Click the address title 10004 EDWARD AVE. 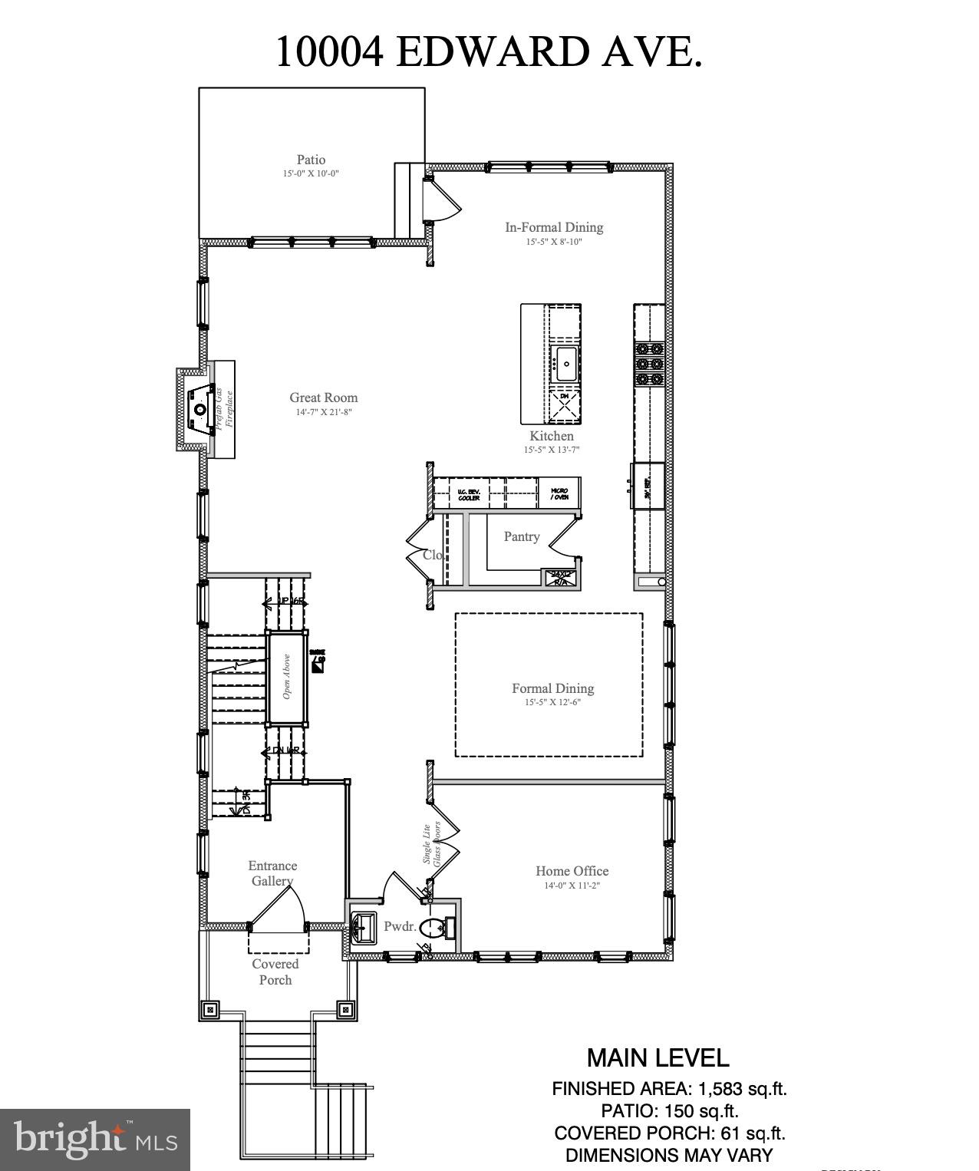pos(489,52)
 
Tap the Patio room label pos(311,160)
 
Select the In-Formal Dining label pos(553,227)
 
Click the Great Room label pos(323,397)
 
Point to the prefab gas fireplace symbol pos(199,409)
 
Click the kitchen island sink pos(566,363)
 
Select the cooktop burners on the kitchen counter pos(648,363)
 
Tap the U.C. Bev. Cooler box pos(468,495)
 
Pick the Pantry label pos(521,536)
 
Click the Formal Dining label pos(552,688)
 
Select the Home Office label pos(572,871)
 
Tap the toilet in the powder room pos(434,928)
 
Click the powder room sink pos(364,927)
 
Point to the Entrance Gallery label pos(272,873)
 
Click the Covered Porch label pos(275,971)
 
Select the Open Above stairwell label pos(286,676)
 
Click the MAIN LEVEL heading pos(658,1058)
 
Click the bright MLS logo pos(95,1139)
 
